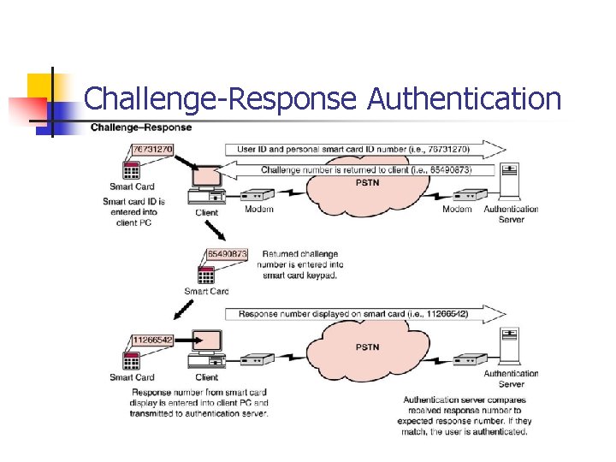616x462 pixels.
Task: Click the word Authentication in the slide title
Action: click(464, 99)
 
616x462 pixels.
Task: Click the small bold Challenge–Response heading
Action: click(141, 127)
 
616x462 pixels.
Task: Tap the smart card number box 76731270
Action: click(152, 149)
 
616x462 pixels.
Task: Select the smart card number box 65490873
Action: click(227, 254)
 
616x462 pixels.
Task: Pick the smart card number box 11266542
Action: click(152, 340)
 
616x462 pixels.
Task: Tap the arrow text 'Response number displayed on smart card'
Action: click(353, 314)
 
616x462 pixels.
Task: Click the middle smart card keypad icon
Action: click(205, 275)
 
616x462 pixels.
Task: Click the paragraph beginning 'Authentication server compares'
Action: click(467, 415)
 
